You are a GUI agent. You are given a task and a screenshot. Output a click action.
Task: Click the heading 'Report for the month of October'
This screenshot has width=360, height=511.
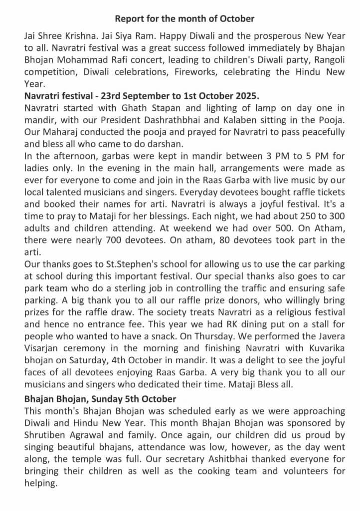[x=184, y=19]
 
